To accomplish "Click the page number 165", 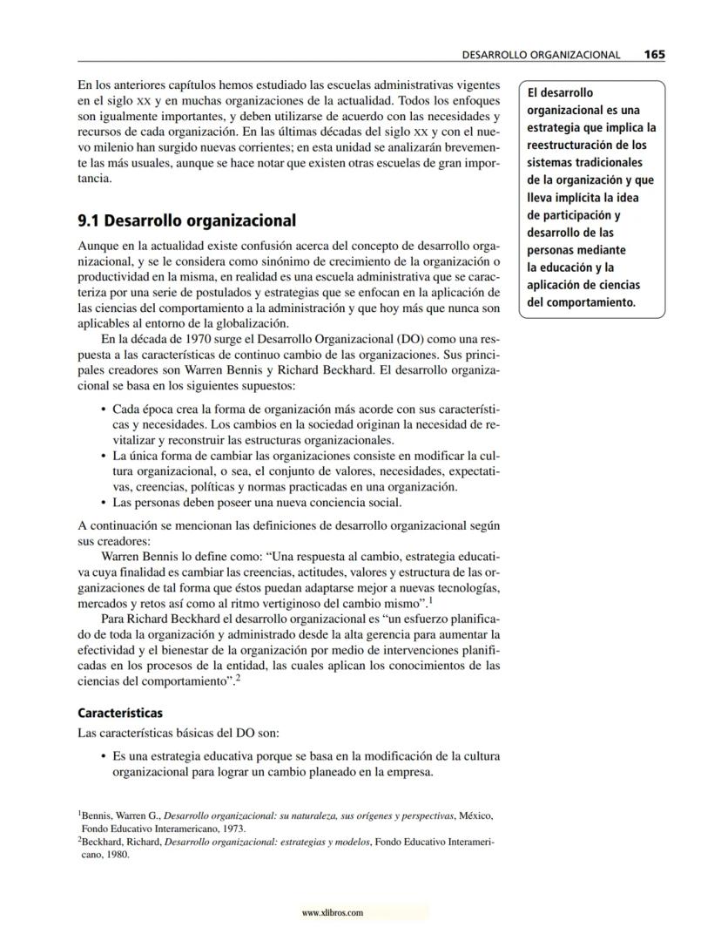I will [654, 54].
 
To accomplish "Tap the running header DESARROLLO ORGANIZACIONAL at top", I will [541, 55].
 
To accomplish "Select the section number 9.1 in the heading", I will [90, 221].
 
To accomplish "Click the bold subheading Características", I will [120, 713].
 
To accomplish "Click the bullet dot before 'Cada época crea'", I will [104, 409].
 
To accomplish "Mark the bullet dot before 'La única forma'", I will [104, 456].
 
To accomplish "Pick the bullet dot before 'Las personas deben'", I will [104, 503].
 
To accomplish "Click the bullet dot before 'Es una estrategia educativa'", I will [104, 756].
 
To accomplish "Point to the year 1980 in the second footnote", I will [116, 855].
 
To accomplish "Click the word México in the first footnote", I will [476, 815].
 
